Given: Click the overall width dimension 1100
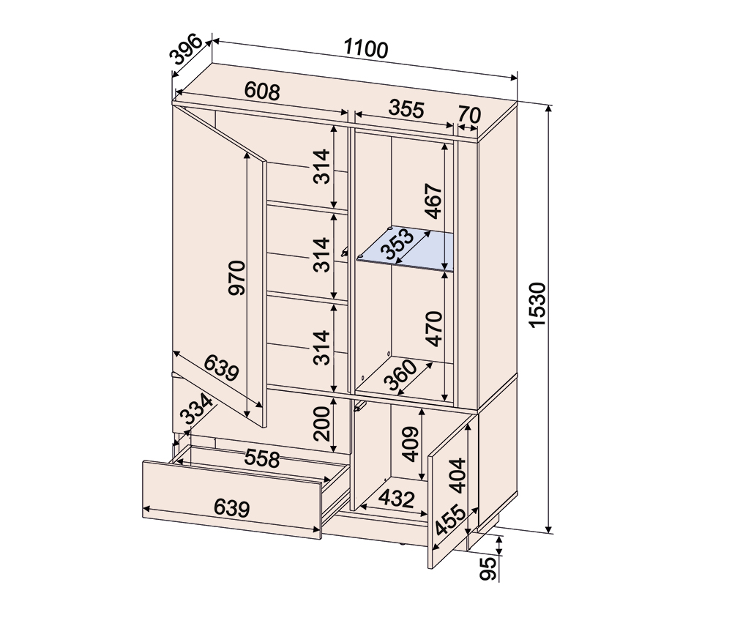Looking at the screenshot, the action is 366,48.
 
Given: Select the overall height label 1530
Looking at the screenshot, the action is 538,305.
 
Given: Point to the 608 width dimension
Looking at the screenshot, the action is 262,91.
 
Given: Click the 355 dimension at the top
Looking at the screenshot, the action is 406,109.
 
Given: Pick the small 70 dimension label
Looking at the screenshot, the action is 469,115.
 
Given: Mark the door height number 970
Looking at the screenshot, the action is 236,278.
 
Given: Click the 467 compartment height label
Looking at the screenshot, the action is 433,201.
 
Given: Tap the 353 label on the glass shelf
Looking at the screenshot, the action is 397,243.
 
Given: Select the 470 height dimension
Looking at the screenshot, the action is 434,329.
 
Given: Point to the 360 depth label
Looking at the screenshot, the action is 400,375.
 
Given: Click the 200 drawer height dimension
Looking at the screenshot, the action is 321,424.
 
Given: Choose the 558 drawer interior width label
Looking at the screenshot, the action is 262,459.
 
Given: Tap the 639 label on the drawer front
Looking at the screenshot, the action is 231,508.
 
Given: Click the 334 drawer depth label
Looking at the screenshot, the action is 196,409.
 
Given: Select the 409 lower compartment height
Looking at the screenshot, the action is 411,444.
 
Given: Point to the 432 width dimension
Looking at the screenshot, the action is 396,499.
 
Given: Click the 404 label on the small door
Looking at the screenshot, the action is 457,476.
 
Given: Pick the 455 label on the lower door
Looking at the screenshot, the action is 450,521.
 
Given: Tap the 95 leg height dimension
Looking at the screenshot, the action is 488,568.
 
